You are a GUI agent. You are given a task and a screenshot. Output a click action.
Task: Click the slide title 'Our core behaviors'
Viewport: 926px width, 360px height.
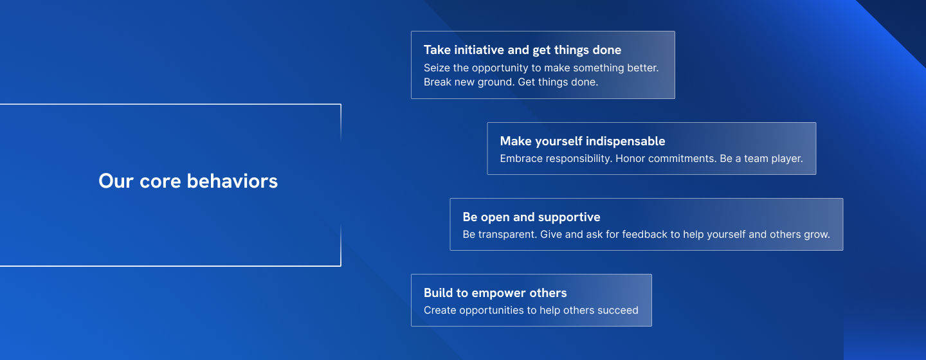pyautogui.click(x=188, y=181)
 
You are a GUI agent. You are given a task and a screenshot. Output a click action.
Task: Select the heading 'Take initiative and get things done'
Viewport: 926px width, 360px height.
pyautogui.click(x=523, y=50)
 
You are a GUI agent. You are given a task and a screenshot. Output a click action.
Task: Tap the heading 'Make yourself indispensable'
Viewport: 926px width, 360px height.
pyautogui.click(x=583, y=141)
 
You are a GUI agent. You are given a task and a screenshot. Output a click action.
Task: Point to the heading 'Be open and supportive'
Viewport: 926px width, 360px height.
pyautogui.click(x=531, y=217)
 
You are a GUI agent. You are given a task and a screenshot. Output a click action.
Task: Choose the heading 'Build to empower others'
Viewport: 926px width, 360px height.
pyautogui.click(x=495, y=292)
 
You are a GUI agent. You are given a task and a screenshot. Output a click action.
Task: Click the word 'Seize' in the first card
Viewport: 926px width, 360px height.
pyautogui.click(x=435, y=67)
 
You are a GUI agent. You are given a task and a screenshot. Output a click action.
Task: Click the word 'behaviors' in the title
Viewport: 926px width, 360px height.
pyautogui.click(x=232, y=181)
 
